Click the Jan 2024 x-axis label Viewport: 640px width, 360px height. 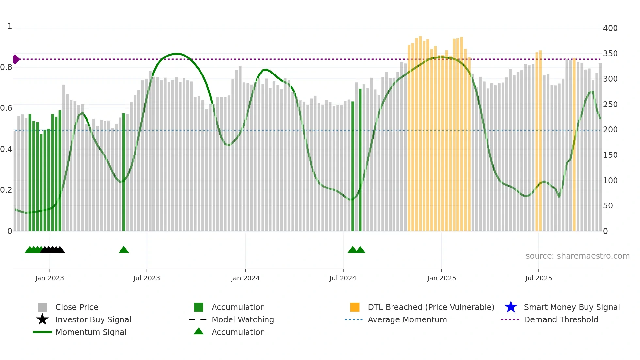245,278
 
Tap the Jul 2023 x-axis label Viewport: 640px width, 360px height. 147,278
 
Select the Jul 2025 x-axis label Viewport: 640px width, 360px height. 538,278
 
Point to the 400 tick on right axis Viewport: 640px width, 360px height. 610,28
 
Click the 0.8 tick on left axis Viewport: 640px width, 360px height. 6,67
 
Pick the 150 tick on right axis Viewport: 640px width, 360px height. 610,155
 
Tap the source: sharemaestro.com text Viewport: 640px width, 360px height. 577,256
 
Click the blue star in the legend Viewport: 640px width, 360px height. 511,307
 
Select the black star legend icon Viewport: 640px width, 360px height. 42,319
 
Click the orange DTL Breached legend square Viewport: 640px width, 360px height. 355,307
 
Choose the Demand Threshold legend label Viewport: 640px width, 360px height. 561,319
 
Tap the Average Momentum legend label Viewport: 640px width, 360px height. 407,319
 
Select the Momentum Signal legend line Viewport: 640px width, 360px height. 42,332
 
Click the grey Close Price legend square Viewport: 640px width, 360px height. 42,307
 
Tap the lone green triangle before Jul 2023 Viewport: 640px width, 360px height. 124,250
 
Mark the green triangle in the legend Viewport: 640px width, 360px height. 199,332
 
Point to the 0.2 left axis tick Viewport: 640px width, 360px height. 6,190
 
